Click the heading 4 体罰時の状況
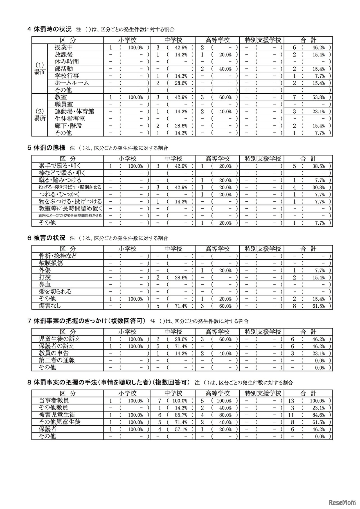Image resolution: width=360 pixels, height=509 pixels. [50, 29]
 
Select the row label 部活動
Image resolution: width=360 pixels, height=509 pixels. [64, 69]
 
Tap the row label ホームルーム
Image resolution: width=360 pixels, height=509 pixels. [72, 83]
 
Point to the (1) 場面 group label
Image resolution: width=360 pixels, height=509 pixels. [40, 69]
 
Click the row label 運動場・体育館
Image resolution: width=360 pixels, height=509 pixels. [74, 111]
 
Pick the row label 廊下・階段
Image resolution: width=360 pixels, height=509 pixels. [68, 126]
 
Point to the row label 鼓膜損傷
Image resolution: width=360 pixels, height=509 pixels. [51, 263]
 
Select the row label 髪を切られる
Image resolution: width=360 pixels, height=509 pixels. [55, 291]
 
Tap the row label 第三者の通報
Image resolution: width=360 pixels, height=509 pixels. [57, 360]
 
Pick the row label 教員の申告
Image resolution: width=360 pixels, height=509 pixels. [54, 353]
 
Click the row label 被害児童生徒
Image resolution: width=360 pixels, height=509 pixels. [57, 415]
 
